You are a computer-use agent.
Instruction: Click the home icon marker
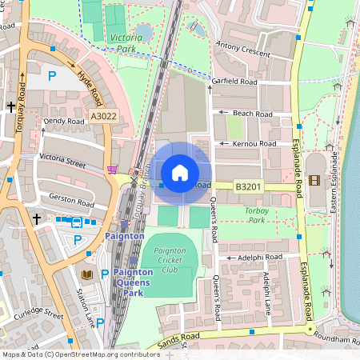(180, 172)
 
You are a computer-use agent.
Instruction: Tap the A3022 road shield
(102, 117)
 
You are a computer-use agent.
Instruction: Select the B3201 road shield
(248, 186)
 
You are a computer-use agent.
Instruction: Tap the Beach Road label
(253, 114)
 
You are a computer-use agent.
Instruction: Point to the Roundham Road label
(336, 337)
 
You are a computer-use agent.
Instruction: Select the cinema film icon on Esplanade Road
(314, 181)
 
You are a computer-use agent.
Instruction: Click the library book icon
(87, 275)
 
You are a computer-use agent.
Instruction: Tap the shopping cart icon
(112, 170)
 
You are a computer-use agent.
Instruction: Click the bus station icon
(77, 222)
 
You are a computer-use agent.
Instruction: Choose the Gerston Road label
(72, 196)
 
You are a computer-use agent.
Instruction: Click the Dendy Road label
(64, 122)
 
